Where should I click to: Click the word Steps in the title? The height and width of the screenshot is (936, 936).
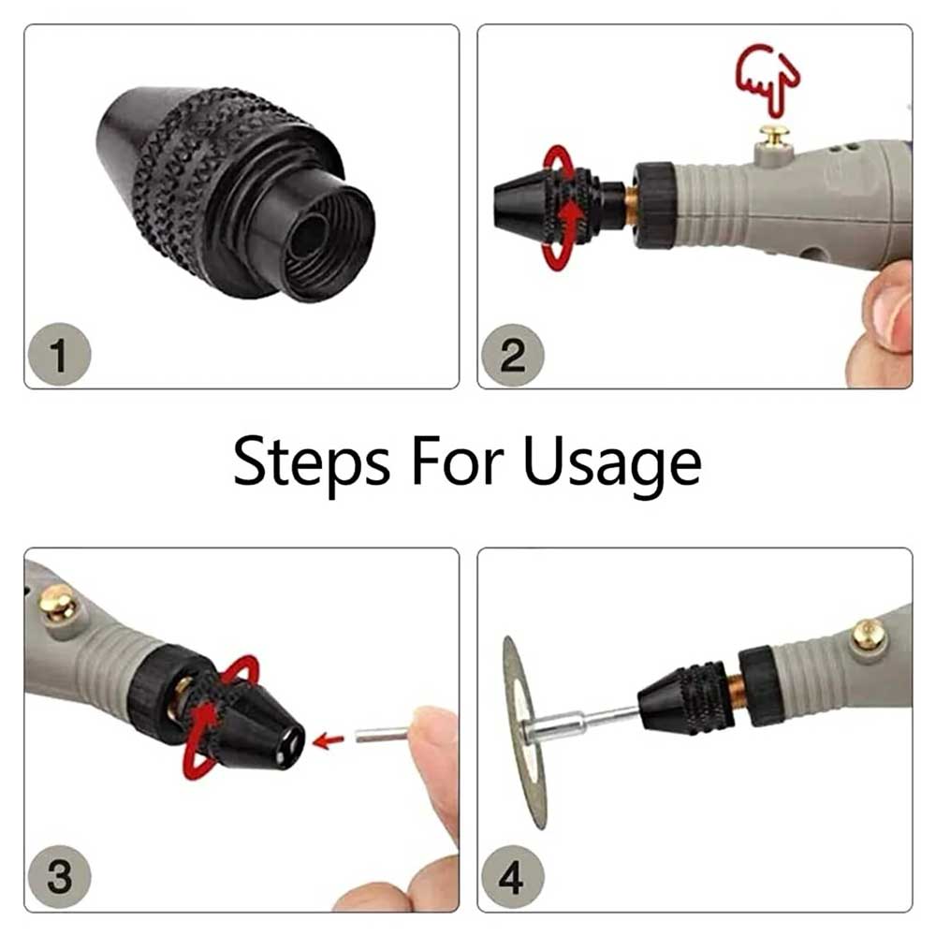click(312, 462)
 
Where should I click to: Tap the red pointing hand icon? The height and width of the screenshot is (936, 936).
click(767, 74)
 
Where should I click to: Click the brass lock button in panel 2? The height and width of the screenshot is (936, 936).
click(773, 137)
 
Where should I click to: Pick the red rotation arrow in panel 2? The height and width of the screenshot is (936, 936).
click(564, 206)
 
